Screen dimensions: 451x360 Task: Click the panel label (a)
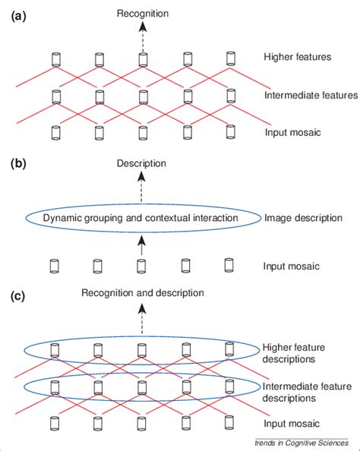(18, 14)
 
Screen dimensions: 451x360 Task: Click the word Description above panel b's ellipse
(141, 164)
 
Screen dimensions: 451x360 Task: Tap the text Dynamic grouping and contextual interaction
(141, 218)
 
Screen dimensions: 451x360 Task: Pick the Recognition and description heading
(142, 292)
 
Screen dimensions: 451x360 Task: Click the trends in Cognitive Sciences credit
(302, 443)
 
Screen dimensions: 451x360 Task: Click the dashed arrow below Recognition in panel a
(141, 33)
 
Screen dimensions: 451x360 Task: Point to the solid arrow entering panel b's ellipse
(141, 243)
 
